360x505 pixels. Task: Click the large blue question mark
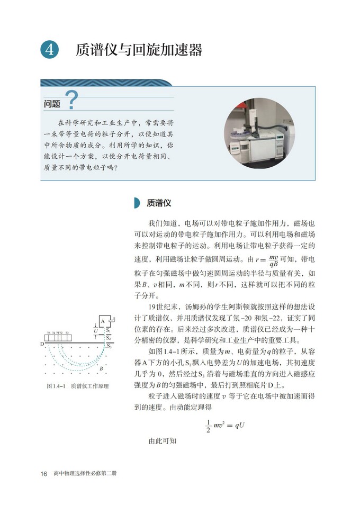click(x=71, y=100)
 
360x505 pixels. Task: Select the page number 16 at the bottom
click(x=44, y=473)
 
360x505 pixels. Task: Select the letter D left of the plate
click(x=41, y=344)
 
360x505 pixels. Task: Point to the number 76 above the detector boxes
click(x=49, y=333)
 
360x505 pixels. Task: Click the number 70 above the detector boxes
click(x=67, y=333)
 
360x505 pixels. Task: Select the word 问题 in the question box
click(x=52, y=104)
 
